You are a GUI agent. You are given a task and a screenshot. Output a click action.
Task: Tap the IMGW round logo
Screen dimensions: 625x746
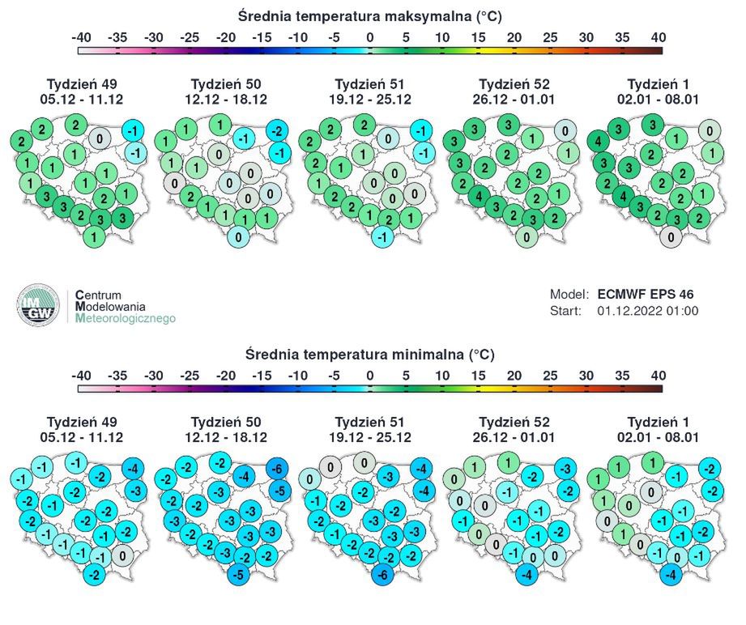38,306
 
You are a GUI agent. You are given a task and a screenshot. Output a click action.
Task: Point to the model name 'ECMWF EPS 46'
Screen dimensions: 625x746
645,294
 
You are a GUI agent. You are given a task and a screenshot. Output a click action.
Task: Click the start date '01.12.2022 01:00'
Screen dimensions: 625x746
647,310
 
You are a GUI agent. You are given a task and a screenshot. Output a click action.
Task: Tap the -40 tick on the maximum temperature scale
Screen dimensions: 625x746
81,37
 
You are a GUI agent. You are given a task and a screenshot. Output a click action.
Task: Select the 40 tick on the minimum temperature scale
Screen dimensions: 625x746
658,376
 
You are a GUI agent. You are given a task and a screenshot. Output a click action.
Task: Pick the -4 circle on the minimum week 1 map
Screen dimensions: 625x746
670,575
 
